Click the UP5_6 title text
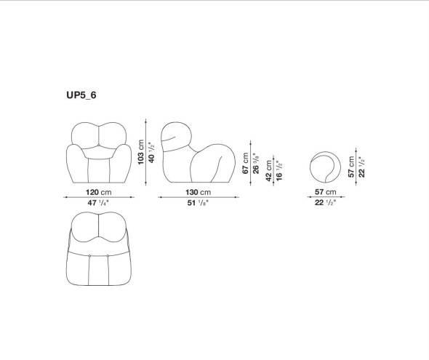(81, 95)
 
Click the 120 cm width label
(99, 192)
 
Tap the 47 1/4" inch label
(98, 203)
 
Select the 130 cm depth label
(199, 192)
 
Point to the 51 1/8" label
(198, 203)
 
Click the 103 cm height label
(140, 152)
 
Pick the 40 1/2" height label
(151, 153)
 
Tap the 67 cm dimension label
(246, 164)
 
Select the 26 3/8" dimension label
(256, 164)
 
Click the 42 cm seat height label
(269, 171)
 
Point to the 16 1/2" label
(279, 171)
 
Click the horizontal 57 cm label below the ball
(325, 192)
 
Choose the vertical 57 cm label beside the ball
(351, 167)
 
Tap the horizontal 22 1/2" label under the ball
(325, 203)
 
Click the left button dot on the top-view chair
(89, 256)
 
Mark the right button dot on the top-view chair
(108, 256)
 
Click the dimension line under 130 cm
(199, 197)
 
